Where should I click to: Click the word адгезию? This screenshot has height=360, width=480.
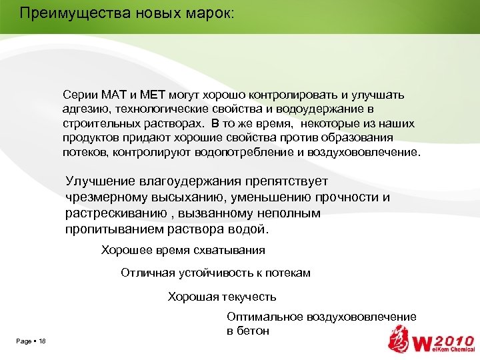tap(86, 109)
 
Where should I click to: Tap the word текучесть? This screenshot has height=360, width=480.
tap(245, 297)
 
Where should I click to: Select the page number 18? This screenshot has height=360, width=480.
tap(42, 341)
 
